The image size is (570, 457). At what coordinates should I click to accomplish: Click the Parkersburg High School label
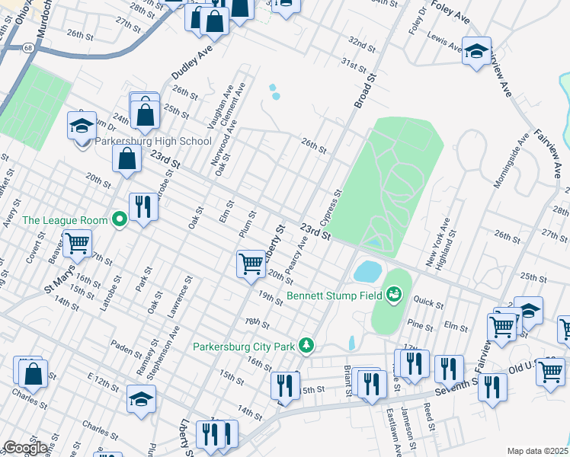click(x=153, y=141)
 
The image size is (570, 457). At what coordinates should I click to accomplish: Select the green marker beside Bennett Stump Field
click(x=393, y=293)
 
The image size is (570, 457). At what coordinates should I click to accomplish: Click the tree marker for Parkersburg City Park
click(x=306, y=346)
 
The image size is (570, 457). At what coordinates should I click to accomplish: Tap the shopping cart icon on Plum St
click(x=251, y=264)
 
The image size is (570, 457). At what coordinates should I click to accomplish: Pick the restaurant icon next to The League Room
click(x=143, y=206)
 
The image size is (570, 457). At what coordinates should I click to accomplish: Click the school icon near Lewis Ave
click(x=477, y=52)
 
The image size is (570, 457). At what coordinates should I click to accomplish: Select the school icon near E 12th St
click(x=142, y=399)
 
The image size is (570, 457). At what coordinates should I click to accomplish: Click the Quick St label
click(x=429, y=302)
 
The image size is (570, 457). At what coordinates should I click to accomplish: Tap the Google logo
click(x=25, y=448)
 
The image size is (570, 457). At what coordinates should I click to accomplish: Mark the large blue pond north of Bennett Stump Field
click(x=367, y=270)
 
